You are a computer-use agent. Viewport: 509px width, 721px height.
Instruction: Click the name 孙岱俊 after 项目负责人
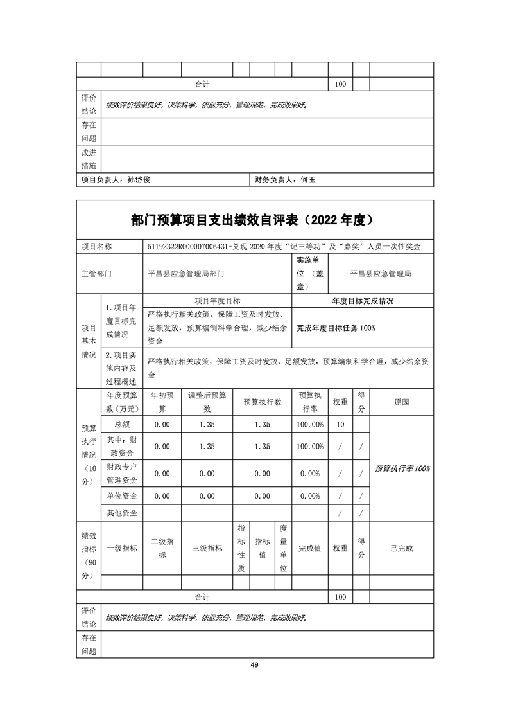139,181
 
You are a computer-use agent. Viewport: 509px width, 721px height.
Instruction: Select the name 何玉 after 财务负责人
308,181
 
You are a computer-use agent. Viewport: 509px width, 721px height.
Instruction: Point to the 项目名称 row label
96,247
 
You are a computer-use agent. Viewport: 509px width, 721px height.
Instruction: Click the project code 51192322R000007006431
191,247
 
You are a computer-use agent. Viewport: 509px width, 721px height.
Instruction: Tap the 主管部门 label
96,273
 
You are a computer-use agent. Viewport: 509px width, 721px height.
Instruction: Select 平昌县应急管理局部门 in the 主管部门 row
186,273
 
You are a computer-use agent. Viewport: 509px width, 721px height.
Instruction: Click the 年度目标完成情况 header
363,300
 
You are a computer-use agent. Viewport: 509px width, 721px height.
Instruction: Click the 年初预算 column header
162,402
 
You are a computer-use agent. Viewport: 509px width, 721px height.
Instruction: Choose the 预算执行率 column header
310,402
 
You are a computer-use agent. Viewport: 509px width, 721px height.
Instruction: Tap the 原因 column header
402,402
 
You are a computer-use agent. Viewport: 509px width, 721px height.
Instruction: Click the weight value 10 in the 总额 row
340,424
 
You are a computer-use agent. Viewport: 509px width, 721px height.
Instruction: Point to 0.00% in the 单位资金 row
310,496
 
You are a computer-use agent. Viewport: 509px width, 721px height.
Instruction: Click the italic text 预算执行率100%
402,468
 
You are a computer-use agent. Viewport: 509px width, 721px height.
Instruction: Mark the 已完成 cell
402,548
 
